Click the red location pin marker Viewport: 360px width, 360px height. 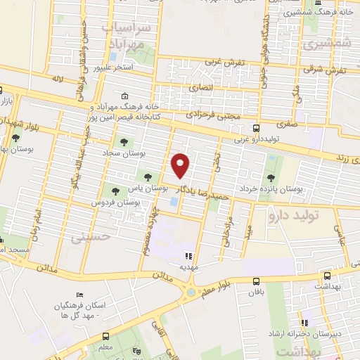tap(181, 165)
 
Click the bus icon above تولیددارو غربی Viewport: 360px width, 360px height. tap(256, 128)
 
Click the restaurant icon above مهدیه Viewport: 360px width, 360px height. tap(188, 256)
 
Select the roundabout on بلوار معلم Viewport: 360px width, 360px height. tap(191, 292)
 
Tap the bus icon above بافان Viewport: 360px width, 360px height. tap(254, 279)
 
